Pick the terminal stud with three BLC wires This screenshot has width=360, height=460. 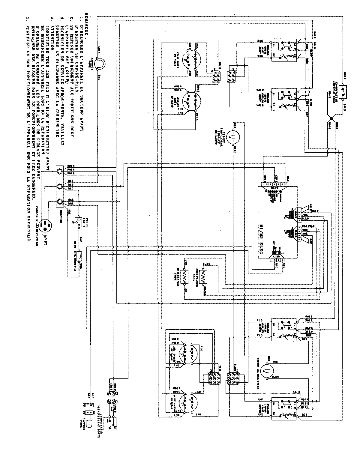[60, 187]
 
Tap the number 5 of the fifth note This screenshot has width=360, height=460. [27, 21]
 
